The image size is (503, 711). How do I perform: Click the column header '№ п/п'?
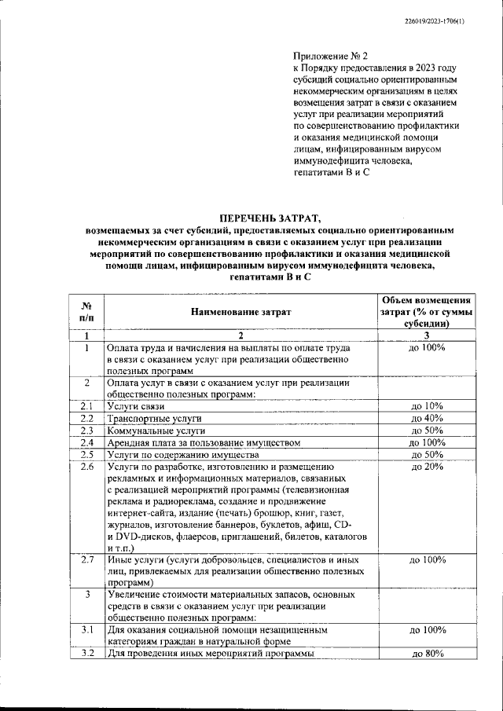tap(88, 312)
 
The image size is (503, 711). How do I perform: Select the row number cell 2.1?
tap(88, 406)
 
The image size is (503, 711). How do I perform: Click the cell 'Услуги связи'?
tap(136, 406)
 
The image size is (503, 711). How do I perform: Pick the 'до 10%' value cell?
tap(427, 406)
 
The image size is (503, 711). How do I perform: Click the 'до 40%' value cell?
tap(427, 419)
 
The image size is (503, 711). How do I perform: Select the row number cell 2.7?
tap(88, 560)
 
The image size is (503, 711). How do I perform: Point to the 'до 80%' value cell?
tap(427, 654)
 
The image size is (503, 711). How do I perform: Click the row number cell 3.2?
tap(88, 654)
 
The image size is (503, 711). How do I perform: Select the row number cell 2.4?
tap(88, 443)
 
